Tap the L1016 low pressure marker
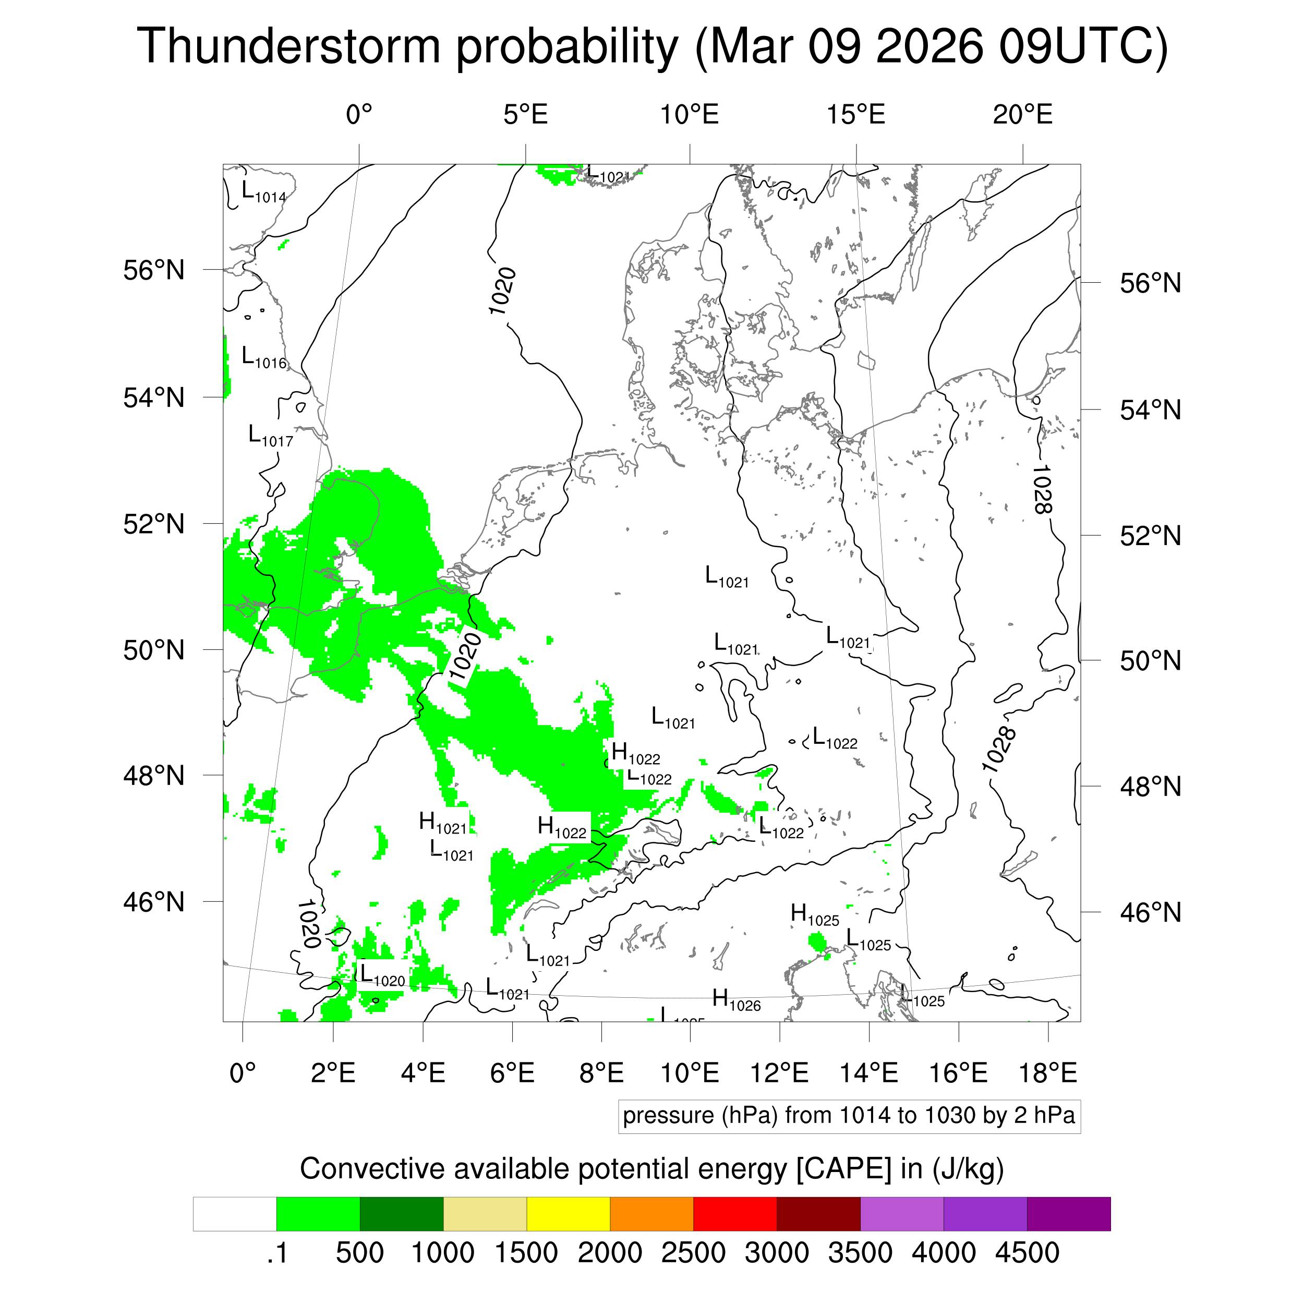tap(264, 358)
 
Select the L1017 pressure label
tap(271, 437)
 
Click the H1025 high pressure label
tap(815, 915)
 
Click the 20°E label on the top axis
tap(1022, 115)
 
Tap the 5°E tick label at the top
tap(525, 115)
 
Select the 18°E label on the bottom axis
tap(1047, 1072)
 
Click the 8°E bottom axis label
tap(601, 1072)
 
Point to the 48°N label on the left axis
tap(154, 776)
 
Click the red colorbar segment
tap(734, 1214)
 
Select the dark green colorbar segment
tap(401, 1214)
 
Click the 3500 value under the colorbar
tap(860, 1253)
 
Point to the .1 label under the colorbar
tap(277, 1253)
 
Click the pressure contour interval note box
tap(849, 1116)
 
